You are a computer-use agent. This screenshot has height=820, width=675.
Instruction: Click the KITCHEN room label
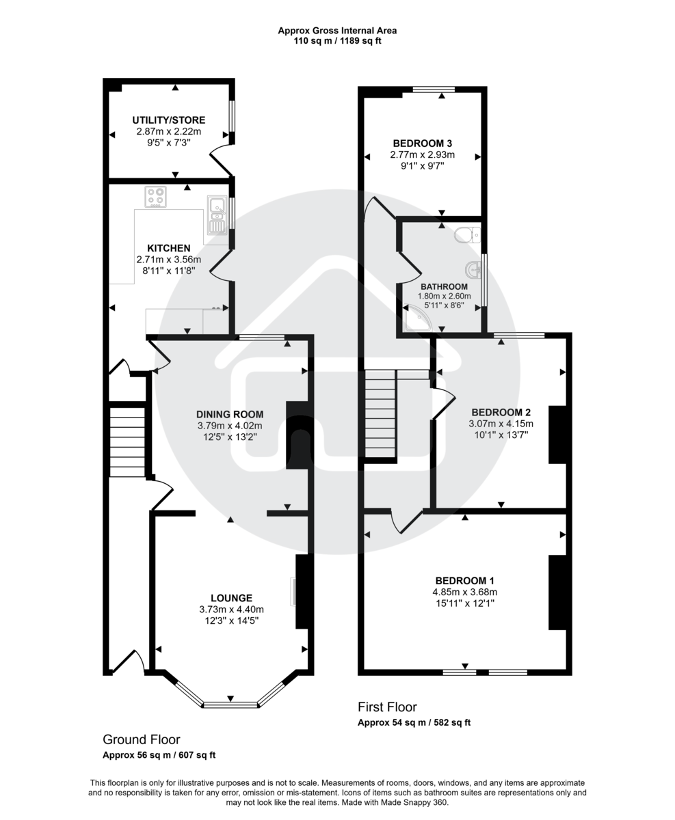(168, 247)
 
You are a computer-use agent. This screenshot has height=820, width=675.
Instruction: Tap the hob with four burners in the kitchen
(156, 197)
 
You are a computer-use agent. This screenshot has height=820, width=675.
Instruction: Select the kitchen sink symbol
(217, 215)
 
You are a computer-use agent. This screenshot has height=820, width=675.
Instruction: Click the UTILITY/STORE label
(168, 120)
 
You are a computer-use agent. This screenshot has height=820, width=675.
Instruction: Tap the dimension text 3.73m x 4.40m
(231, 609)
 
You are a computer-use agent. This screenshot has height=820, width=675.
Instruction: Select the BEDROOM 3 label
(422, 143)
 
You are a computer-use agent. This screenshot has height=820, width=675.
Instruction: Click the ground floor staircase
(127, 441)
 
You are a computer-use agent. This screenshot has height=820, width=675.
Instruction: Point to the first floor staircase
(380, 414)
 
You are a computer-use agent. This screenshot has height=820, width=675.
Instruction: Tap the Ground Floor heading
(141, 739)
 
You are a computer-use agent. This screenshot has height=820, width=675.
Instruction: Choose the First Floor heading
(387, 707)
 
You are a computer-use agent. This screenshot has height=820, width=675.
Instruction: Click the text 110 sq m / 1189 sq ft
(337, 41)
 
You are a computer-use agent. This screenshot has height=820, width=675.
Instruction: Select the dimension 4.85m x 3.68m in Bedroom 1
(464, 592)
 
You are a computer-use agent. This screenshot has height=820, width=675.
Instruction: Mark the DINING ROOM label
(229, 414)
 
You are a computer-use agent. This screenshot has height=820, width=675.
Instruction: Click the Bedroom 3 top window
(434, 89)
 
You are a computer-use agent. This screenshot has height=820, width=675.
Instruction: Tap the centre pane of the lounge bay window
(230, 704)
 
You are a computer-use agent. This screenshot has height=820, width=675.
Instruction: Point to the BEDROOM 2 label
(501, 412)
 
